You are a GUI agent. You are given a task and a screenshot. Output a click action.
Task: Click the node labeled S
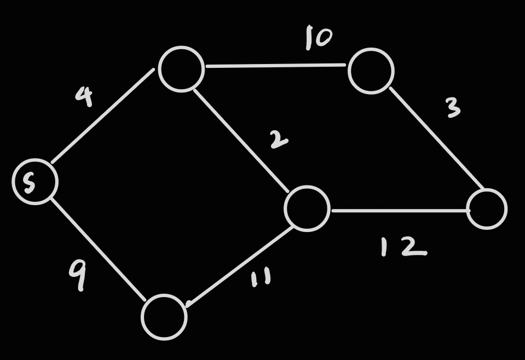(35, 182)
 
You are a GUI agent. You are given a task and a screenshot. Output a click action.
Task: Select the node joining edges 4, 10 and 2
(181, 69)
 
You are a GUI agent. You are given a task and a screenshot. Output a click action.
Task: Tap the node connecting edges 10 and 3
(371, 71)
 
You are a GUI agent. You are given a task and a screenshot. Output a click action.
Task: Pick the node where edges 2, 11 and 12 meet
(307, 208)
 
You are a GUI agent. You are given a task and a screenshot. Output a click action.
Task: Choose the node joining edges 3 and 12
(487, 209)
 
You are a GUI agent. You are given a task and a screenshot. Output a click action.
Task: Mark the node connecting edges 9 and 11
(164, 317)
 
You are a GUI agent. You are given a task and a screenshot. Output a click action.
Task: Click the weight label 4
(84, 96)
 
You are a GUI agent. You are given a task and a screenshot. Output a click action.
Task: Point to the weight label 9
(78, 275)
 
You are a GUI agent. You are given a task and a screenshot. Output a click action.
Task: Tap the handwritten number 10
(319, 38)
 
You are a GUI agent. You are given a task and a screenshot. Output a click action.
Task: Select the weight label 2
(279, 140)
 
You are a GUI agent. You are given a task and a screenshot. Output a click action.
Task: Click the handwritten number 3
(453, 108)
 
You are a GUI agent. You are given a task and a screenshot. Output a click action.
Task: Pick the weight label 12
(403, 247)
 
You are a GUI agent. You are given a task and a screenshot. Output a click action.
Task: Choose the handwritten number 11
(261, 278)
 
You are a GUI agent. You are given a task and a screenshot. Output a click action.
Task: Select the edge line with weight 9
(99, 249)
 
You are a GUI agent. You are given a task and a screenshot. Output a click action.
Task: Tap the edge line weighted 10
(275, 66)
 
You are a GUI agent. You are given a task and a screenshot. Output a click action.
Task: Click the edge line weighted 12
(399, 210)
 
